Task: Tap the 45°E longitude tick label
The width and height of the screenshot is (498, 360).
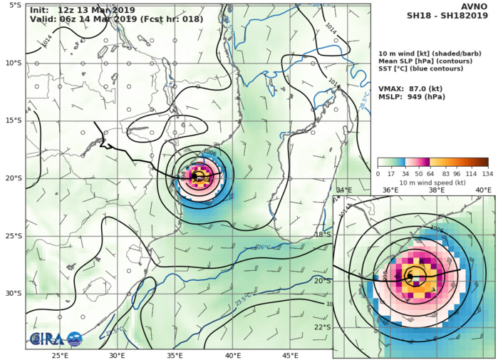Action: coord(290,354)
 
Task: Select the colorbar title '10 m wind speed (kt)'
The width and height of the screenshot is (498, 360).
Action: coord(432,182)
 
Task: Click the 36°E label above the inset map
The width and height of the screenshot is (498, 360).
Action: coord(390,190)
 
